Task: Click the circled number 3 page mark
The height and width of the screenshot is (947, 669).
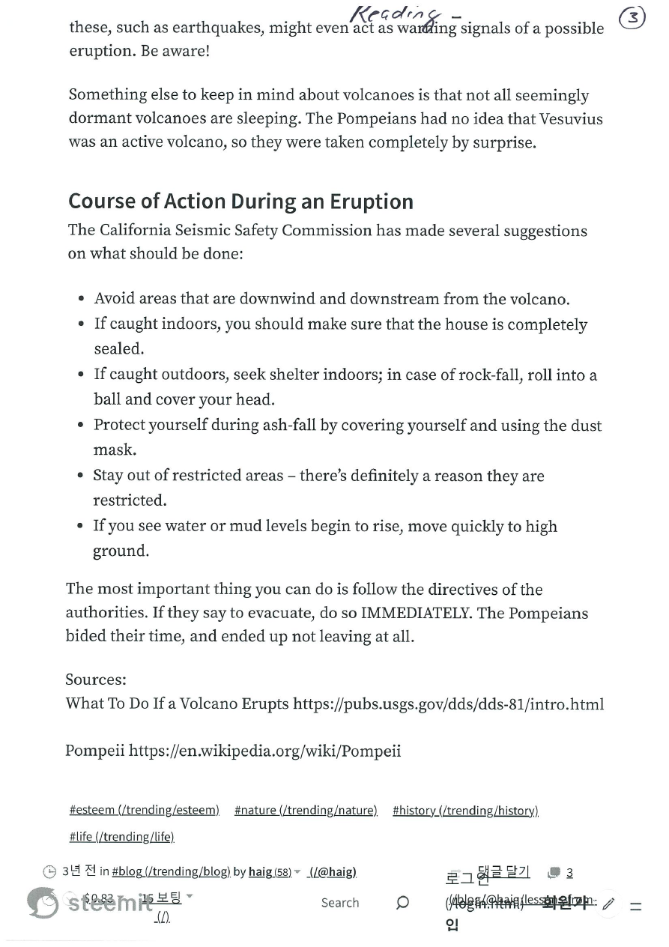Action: [633, 18]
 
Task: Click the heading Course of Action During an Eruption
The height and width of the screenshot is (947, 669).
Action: [240, 202]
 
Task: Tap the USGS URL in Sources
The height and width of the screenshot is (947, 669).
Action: [448, 704]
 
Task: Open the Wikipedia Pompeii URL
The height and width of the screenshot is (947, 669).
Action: [264, 751]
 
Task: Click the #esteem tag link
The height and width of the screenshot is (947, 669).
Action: [144, 810]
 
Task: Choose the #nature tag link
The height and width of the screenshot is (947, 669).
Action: [306, 810]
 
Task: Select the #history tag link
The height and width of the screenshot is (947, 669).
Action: [465, 810]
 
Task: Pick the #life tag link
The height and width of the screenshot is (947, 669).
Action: [121, 836]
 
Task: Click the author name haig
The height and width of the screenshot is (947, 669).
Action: [260, 871]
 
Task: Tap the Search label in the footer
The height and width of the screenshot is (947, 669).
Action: [340, 903]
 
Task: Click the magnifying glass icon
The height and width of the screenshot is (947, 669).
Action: [402, 902]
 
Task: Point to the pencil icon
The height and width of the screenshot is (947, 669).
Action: [608, 904]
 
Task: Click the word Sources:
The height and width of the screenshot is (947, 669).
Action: [96, 680]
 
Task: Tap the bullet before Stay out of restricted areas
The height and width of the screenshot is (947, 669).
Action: [80, 476]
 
